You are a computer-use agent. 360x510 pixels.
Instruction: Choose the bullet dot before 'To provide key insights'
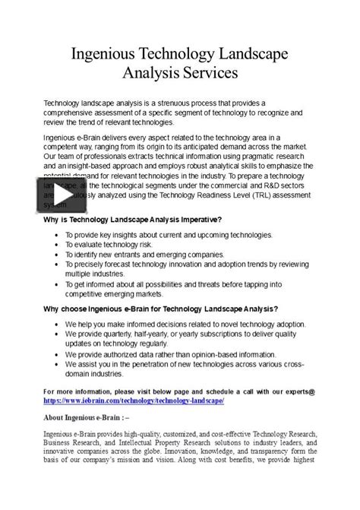(58, 236)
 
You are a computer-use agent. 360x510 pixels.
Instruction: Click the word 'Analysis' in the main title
(149, 74)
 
